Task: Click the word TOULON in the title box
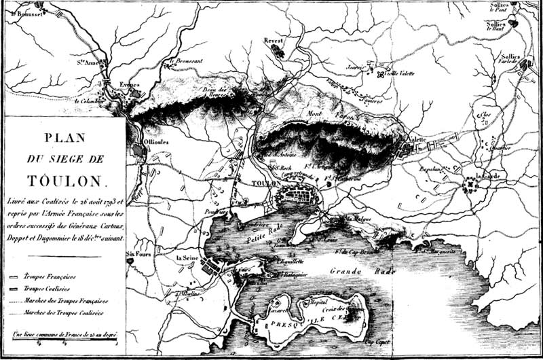tap(66, 181)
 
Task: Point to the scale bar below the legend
tap(66, 340)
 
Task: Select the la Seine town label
tap(187, 258)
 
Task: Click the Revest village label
tap(273, 41)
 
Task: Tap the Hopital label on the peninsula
tap(318, 302)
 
